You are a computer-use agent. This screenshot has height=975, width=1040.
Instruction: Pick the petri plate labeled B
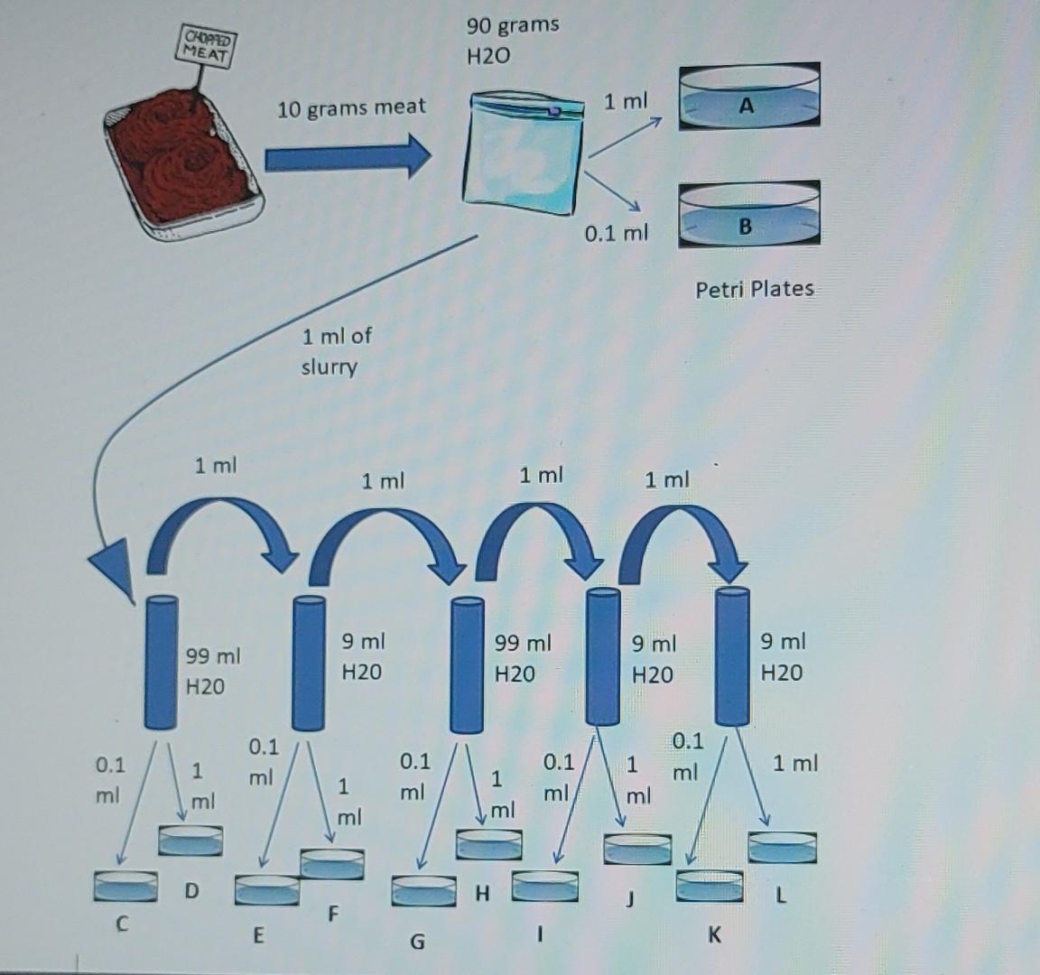pos(748,216)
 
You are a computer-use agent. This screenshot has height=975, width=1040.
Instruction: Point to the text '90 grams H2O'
pos(512,40)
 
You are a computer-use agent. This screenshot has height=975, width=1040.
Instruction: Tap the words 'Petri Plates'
pos(754,290)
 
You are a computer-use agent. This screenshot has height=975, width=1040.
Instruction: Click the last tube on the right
pos(732,655)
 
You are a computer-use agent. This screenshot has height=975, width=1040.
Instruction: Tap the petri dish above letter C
pos(125,885)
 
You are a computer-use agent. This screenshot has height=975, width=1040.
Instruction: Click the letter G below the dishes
pos(416,942)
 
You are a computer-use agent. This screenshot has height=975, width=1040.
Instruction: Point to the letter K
pos(714,935)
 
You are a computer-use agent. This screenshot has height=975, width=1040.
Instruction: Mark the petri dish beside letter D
pos(190,840)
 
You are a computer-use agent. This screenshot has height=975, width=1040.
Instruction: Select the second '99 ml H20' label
pos(521,658)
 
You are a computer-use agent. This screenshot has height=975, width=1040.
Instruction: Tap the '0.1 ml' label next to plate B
pos(616,234)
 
